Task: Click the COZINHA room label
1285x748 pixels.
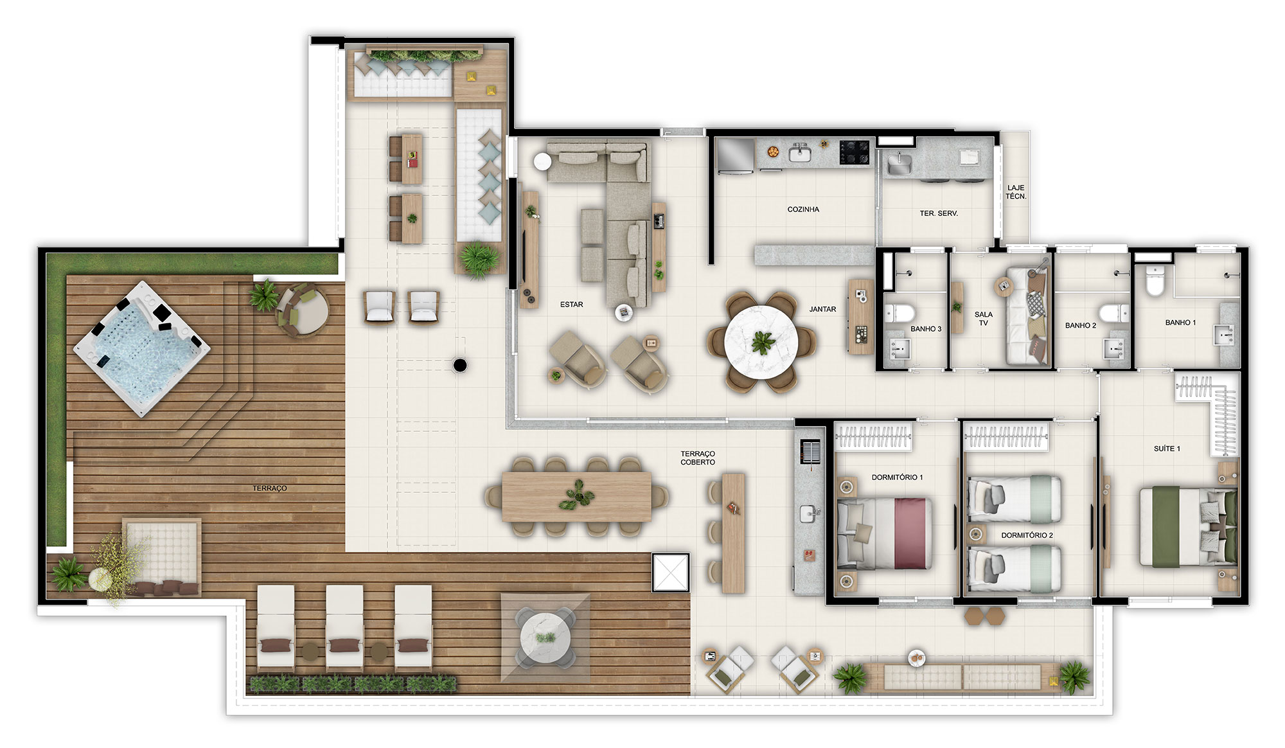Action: pos(803,209)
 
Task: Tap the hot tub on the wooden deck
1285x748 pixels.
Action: pos(142,348)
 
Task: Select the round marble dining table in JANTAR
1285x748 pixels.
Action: pos(761,342)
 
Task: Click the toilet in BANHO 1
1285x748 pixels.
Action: pos(1155,281)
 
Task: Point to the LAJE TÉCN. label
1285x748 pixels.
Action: pos(1016,192)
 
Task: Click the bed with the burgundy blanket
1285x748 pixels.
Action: pos(885,533)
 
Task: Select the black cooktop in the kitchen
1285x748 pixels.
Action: pos(854,152)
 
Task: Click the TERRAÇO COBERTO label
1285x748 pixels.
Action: pos(698,458)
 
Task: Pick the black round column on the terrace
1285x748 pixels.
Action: pos(460,366)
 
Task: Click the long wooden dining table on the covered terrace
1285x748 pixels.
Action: pos(576,497)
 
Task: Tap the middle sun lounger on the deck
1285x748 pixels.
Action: pos(344,628)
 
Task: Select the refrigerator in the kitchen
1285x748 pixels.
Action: pos(735,156)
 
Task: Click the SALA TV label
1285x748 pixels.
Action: pos(984,319)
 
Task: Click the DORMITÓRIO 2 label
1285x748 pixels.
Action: pos(1027,535)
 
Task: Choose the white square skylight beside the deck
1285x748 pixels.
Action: pos(671,572)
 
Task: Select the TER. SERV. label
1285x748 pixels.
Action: pos(939,213)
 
